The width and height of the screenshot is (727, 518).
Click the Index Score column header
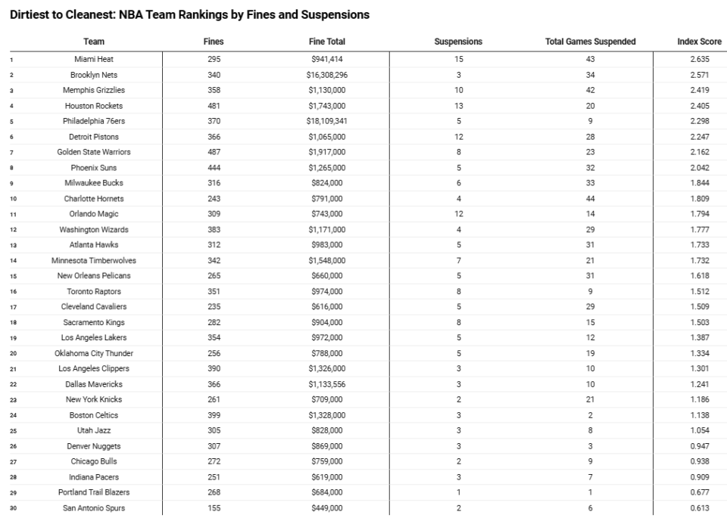699,42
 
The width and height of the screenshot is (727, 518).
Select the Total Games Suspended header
590,42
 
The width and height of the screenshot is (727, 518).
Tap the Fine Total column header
327,42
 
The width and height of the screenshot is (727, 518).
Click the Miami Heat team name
94,59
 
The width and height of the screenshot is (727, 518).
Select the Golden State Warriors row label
94,152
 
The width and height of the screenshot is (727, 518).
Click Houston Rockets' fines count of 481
214,106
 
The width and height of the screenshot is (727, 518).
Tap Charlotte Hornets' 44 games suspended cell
590,199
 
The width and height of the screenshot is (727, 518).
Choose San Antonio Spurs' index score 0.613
699,508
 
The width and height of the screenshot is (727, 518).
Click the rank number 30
13,508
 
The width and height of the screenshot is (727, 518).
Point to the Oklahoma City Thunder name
94,353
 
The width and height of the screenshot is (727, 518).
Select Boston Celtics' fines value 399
214,415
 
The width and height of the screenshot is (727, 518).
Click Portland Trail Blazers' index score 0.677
699,492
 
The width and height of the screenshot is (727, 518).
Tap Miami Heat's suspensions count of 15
458,59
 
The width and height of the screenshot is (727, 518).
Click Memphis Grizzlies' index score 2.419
699,90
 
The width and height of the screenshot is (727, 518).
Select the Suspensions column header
458,42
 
